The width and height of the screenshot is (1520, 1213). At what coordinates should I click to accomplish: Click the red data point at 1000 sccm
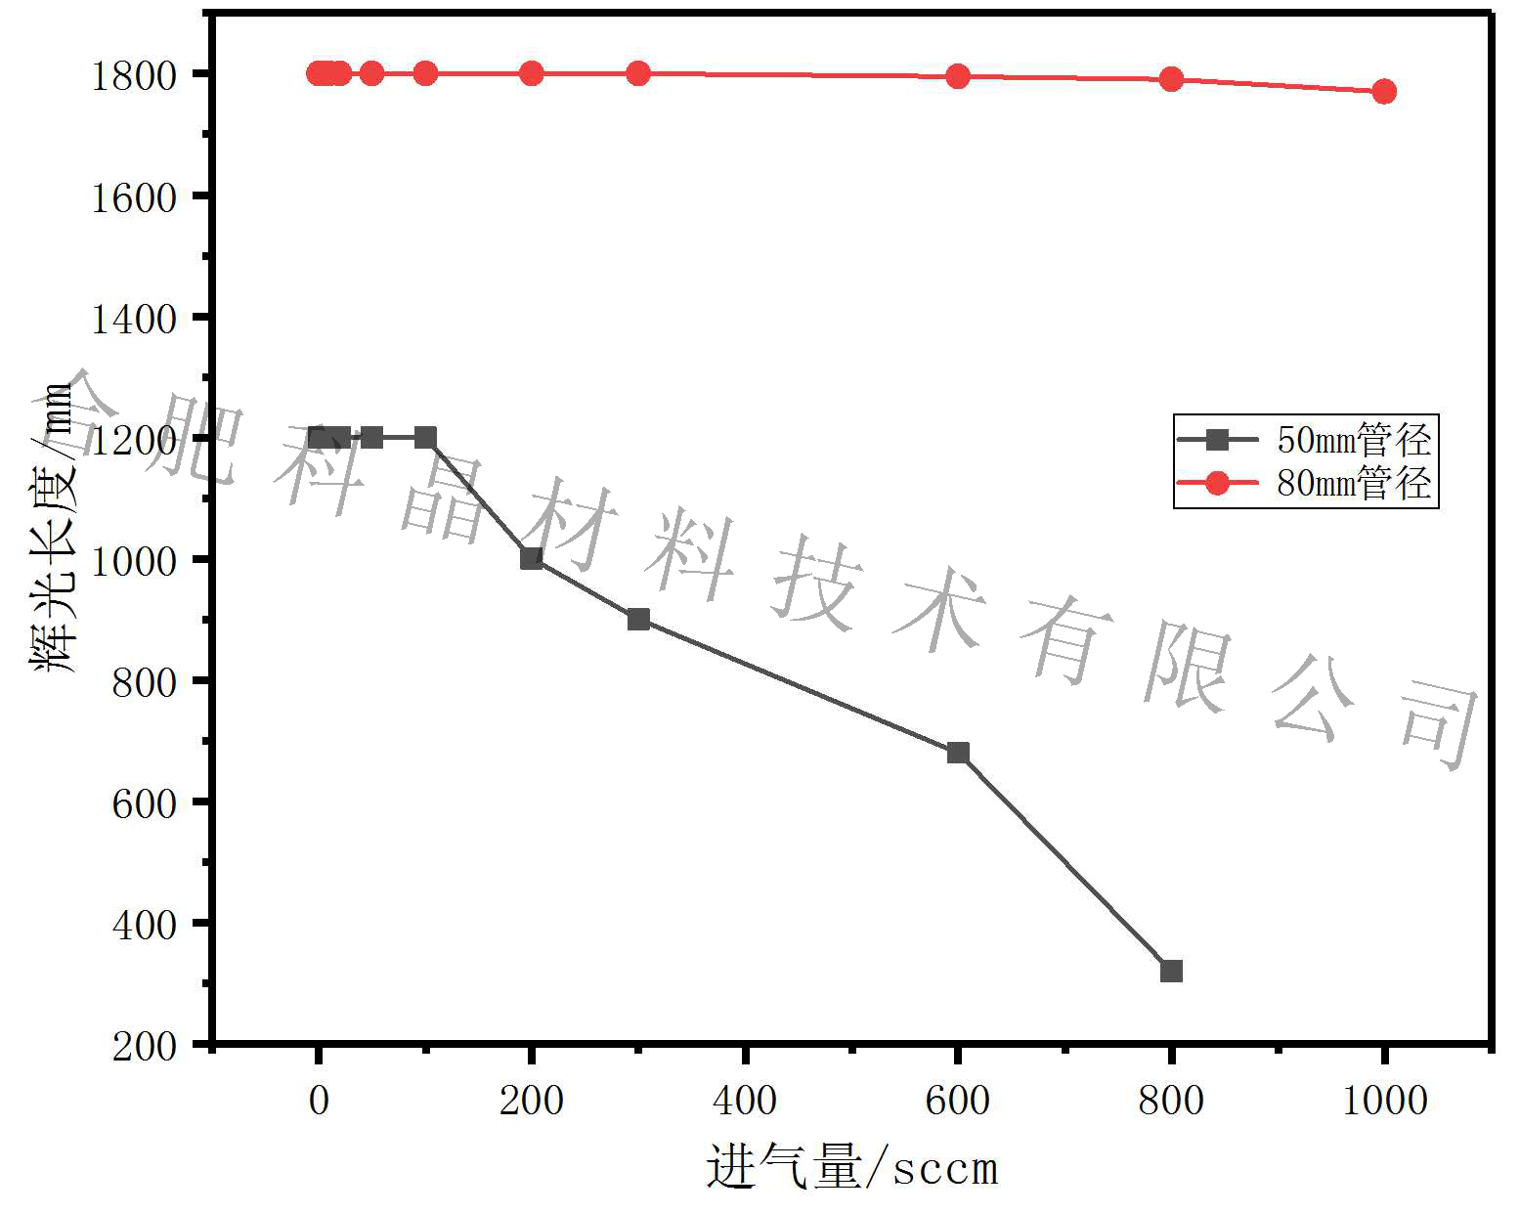(x=1383, y=92)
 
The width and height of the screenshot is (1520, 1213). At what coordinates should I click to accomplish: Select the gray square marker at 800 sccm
(x=1171, y=971)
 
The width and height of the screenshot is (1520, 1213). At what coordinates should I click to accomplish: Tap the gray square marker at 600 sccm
(x=958, y=752)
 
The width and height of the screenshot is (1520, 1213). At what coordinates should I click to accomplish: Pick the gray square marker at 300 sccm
(x=638, y=619)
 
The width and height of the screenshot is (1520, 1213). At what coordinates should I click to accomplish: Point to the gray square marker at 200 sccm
(x=532, y=558)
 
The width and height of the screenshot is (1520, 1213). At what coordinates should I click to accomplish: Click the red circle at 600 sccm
(x=958, y=76)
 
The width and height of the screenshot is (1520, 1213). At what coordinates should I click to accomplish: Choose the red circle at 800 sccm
(x=1171, y=79)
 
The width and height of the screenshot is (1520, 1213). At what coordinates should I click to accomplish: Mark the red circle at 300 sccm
(x=638, y=73)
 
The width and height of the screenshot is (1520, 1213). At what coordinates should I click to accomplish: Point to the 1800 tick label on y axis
(x=134, y=75)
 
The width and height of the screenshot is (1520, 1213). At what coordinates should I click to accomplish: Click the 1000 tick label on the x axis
(x=1384, y=1101)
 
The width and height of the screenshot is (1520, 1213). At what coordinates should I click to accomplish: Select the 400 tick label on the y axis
(x=145, y=924)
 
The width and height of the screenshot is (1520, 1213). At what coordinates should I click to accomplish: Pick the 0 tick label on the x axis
(x=319, y=1101)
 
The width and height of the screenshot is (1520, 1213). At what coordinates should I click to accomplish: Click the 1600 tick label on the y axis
(x=134, y=197)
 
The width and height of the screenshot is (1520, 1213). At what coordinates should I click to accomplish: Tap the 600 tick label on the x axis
(x=958, y=1101)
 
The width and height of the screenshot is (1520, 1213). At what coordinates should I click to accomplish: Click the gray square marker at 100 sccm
(x=425, y=437)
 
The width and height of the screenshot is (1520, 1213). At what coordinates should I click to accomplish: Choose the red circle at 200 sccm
(x=532, y=73)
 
